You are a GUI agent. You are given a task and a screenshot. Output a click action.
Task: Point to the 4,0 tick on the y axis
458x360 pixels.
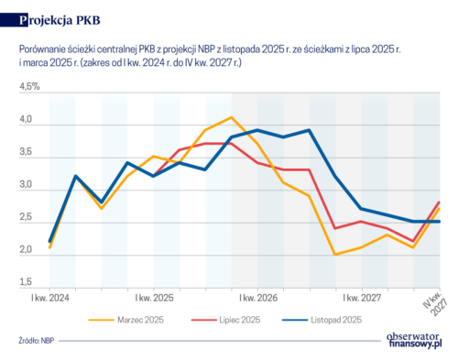[x=26, y=120]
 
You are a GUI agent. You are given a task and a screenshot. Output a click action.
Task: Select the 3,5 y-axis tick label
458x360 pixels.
[x=26, y=153]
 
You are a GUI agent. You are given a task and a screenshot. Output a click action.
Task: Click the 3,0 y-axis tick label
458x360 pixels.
[x=26, y=186]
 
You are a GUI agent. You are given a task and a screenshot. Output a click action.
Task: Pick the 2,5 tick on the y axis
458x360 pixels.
[x=26, y=219]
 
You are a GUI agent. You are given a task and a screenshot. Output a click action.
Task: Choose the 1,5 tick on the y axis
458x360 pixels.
[x=26, y=283]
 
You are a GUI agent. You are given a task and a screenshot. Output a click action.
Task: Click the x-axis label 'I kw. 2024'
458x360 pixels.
[x=51, y=299]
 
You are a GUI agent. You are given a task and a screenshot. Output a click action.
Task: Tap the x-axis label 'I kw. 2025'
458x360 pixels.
[x=155, y=299]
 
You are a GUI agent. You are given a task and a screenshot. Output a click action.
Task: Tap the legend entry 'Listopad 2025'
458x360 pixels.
[x=335, y=320]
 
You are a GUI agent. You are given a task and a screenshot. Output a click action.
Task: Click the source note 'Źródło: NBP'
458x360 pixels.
[x=36, y=342]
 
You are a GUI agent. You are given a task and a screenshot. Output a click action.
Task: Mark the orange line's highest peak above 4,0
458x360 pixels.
[x=232, y=118]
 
